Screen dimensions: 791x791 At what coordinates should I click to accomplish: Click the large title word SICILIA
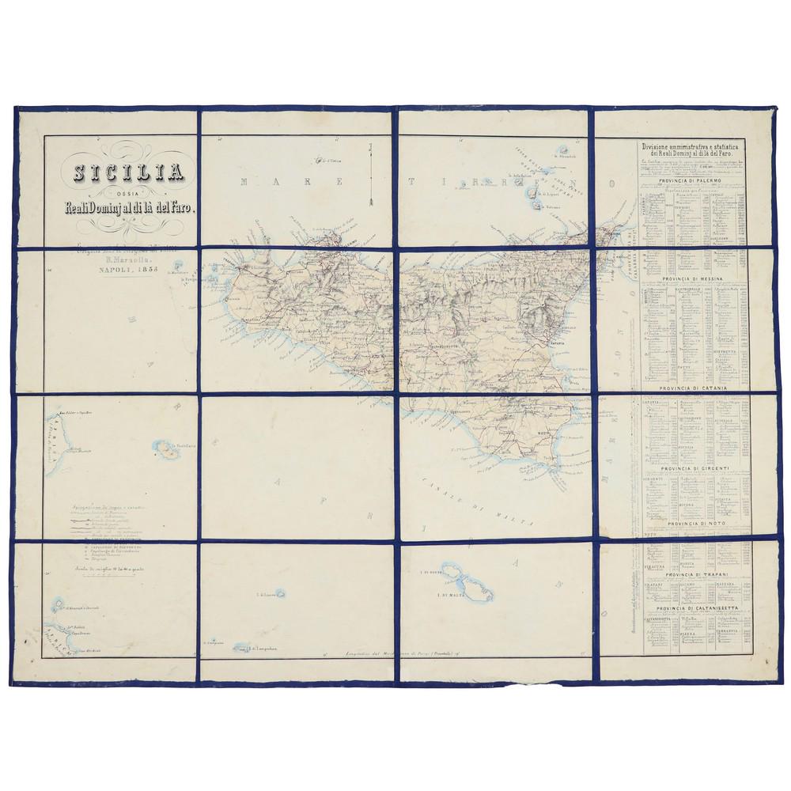click(129, 172)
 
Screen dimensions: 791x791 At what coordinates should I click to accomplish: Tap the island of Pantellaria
click(166, 450)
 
